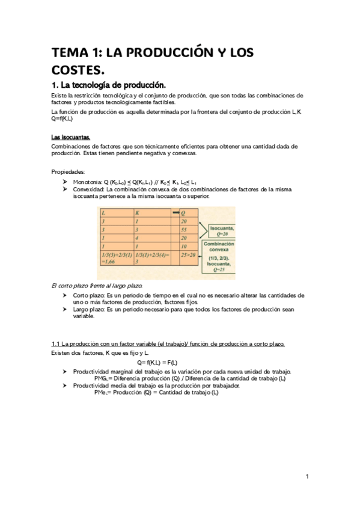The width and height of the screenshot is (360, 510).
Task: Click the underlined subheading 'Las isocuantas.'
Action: (70, 137)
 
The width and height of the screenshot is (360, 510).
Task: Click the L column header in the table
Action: (105, 213)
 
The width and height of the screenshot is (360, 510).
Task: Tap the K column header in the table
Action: (138, 213)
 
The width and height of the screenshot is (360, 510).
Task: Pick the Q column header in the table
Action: (183, 213)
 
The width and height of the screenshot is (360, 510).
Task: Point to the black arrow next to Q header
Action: (175, 213)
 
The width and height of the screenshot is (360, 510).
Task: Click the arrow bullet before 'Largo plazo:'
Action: (64, 309)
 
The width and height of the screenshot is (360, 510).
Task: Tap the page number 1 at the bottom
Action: (307, 477)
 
